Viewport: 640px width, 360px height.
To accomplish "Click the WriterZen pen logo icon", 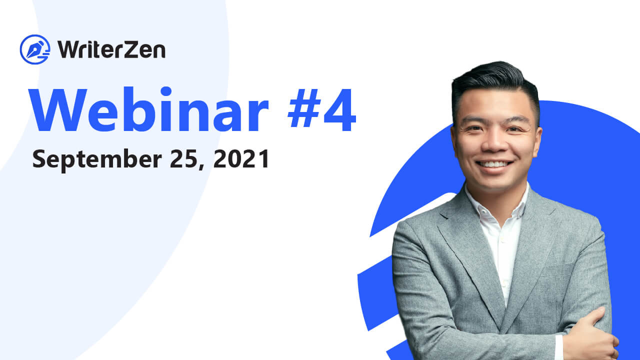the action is (x=35, y=49).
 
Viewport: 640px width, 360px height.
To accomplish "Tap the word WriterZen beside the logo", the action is (x=111, y=49).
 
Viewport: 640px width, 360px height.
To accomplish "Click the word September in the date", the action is (x=97, y=159).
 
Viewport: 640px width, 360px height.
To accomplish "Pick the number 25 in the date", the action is (x=183, y=158).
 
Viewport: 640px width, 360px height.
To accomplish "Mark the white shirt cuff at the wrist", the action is (x=559, y=347).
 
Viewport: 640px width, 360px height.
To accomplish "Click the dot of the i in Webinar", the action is (x=166, y=91).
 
